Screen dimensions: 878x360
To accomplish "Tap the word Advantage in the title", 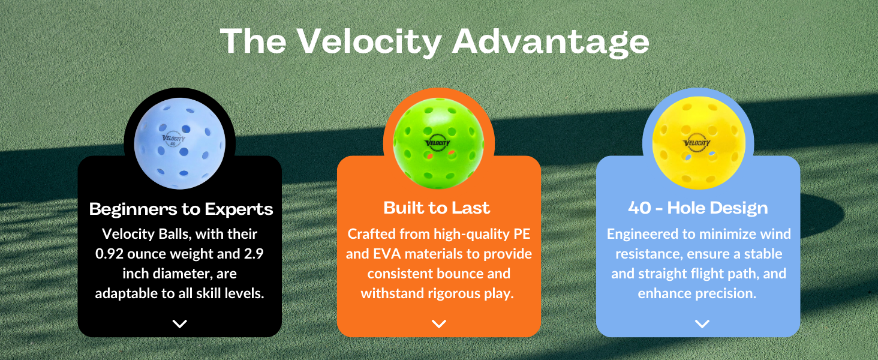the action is [551, 43].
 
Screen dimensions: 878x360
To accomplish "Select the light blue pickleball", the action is [180, 143].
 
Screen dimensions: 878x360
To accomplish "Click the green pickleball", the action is [438, 143].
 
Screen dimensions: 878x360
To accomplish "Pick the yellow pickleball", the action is [698, 143].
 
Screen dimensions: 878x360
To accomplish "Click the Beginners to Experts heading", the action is [181, 209].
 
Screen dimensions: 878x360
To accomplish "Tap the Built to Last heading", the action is [437, 208].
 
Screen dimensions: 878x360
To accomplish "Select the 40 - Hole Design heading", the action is [697, 208].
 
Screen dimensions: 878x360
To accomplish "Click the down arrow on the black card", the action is [180, 323].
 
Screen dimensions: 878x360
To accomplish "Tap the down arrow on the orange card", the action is [439, 323].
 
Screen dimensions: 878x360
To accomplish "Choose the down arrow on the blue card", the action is [702, 323].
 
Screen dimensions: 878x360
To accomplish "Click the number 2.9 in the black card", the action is [254, 254].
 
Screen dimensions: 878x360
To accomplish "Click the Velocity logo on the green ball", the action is [438, 143].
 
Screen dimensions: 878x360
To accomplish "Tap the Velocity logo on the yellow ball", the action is [697, 143].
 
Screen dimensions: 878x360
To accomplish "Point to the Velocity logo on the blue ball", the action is [174, 140].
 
